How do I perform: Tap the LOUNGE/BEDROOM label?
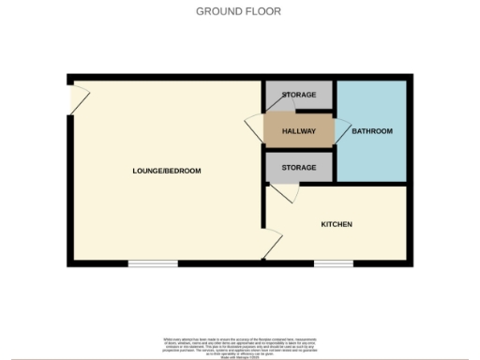point(166,171)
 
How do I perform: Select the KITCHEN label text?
point(337,225)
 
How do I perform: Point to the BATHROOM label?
point(371,131)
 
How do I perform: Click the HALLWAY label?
point(299,131)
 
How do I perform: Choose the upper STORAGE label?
point(299,96)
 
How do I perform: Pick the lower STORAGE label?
point(299,168)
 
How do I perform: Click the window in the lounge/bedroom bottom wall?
point(153,263)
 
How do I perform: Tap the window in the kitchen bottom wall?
point(333,263)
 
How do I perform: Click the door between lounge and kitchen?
point(271,247)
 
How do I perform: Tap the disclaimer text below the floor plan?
point(240,343)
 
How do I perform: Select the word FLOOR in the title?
point(265,11)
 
